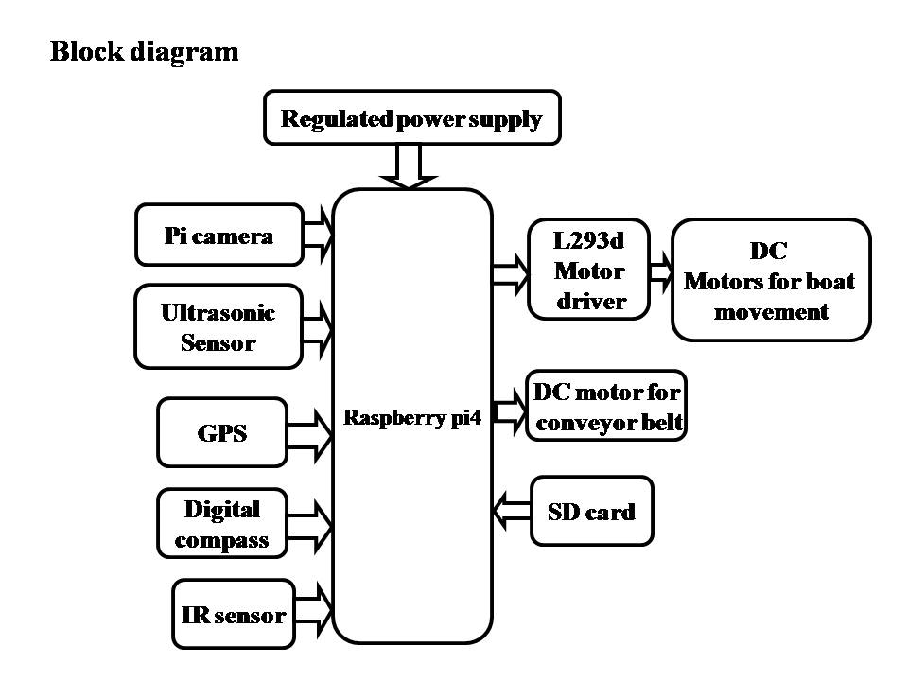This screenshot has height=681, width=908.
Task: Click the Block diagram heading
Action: (x=144, y=51)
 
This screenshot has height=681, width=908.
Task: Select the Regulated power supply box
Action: (x=411, y=118)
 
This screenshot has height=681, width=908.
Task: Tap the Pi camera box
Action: (x=219, y=235)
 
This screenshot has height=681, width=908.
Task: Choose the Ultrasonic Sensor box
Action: (x=218, y=326)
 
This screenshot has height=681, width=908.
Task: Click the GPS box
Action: (x=222, y=432)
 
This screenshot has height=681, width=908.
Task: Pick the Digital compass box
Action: (x=222, y=524)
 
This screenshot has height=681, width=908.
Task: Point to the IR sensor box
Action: (x=233, y=615)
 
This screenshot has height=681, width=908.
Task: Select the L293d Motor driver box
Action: (x=589, y=271)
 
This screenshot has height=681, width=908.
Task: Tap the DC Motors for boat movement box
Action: (x=770, y=280)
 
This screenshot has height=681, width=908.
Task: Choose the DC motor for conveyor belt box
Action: (x=605, y=406)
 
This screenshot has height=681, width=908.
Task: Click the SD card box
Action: (x=591, y=512)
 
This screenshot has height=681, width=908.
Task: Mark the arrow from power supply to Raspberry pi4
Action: (x=409, y=167)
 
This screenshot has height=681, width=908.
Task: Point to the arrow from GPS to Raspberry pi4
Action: (x=310, y=432)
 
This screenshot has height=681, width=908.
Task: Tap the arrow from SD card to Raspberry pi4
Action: (x=512, y=512)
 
